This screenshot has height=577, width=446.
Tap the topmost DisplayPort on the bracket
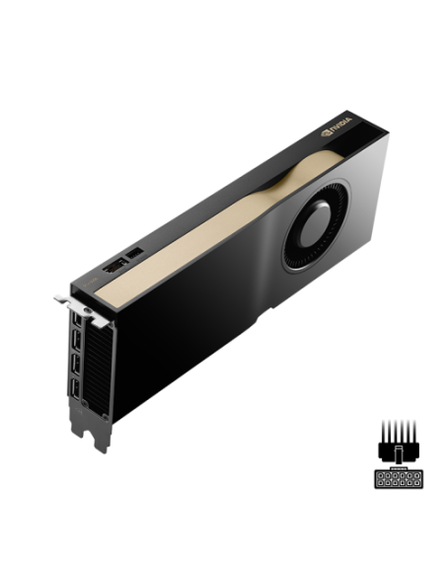[74, 325]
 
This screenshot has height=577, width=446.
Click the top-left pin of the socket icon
[380, 476]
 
